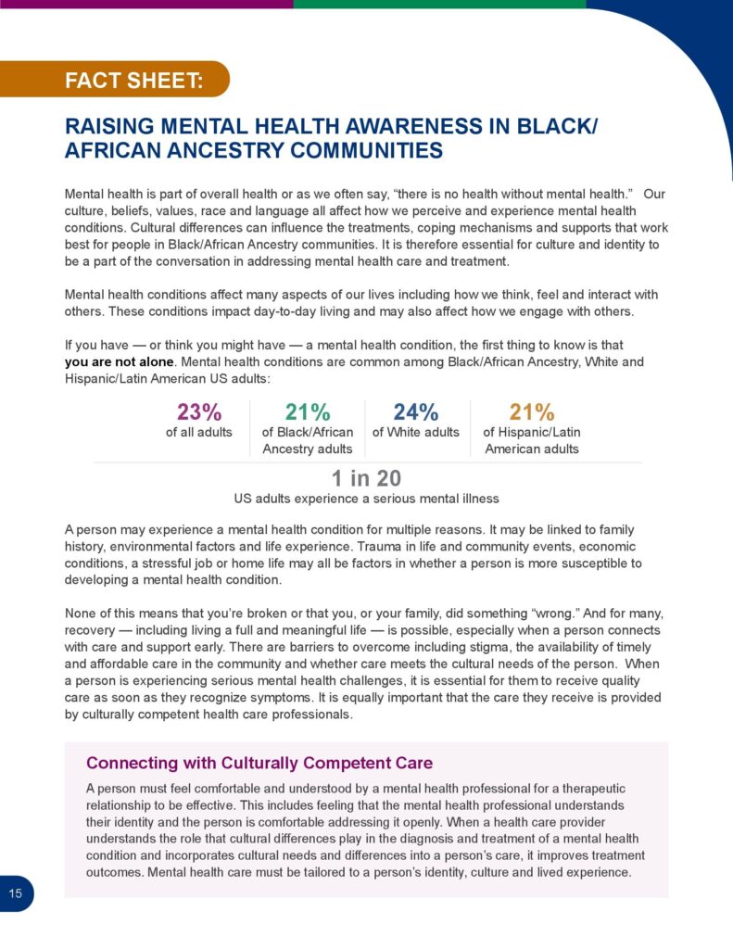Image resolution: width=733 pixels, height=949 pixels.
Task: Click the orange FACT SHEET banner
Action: [133, 80]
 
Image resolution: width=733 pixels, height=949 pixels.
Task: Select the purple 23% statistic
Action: [198, 412]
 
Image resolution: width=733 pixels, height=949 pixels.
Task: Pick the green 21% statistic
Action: [308, 412]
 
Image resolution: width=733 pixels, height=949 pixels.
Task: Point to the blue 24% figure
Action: [415, 412]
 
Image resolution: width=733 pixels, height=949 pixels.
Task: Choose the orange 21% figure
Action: [531, 412]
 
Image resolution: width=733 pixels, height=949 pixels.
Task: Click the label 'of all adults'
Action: [198, 432]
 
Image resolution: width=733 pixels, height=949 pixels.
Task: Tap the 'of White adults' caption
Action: [415, 432]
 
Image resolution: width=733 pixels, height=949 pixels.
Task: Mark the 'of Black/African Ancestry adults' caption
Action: [308, 440]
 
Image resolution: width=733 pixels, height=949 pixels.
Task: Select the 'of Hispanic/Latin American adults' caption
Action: [531, 440]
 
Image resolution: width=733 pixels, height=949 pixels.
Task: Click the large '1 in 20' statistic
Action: [366, 478]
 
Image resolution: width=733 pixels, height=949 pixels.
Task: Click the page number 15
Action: [15, 893]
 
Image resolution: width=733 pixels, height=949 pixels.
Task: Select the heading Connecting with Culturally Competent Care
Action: [259, 763]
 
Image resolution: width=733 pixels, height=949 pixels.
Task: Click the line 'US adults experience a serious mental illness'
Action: [366, 499]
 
